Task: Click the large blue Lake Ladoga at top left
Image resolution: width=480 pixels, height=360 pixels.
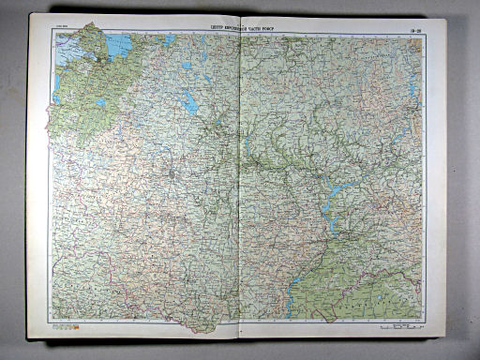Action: pyautogui.click(x=118, y=44)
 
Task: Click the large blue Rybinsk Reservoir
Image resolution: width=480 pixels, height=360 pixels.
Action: pyautogui.click(x=192, y=104)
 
